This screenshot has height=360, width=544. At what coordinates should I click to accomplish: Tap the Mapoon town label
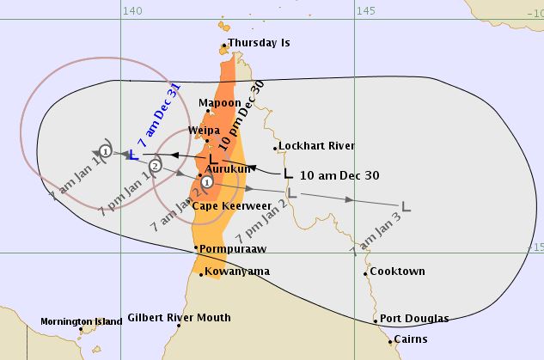click(220, 103)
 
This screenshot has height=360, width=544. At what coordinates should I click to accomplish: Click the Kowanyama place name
click(238, 272)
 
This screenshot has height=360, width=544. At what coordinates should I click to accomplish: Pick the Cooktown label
click(397, 272)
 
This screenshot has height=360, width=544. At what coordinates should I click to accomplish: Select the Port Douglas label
click(414, 318)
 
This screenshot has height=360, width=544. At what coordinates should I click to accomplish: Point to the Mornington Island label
click(81, 322)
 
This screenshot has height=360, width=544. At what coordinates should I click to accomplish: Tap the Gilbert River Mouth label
click(179, 318)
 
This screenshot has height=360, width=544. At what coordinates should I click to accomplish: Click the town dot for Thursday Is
click(224, 45)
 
